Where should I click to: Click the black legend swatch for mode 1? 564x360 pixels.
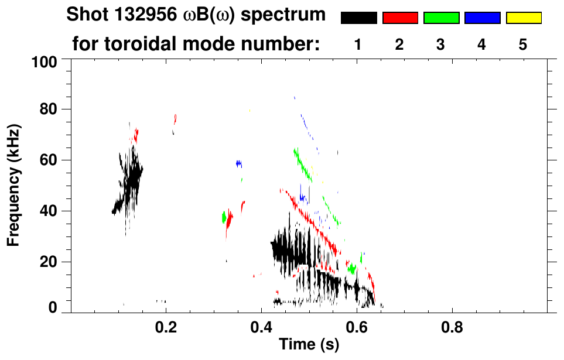(358, 18)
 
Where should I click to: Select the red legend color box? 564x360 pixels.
(400, 18)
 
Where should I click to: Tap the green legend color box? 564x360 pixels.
(441, 18)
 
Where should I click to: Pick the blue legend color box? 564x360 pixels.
(482, 18)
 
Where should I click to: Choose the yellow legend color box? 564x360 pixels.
(523, 18)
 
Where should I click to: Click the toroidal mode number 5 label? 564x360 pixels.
(523, 44)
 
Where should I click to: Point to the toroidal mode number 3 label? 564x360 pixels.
(441, 44)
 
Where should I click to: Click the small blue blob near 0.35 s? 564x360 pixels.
(239, 164)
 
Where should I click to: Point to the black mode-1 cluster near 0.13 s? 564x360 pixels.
(131, 179)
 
